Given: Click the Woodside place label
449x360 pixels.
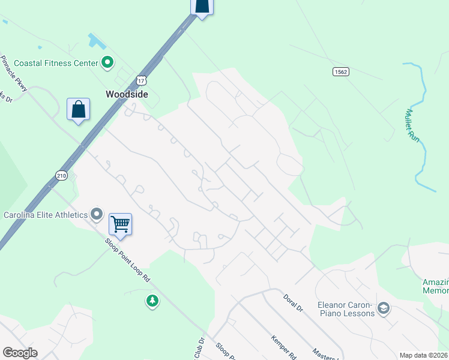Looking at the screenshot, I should (126, 94).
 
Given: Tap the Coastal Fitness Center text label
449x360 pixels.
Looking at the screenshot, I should (56, 62).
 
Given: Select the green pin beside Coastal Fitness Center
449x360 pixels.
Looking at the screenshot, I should (107, 62).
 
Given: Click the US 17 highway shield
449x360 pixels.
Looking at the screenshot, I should (141, 80).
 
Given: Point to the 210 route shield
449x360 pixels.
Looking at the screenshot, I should (62, 175).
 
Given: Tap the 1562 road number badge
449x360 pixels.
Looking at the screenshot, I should (341, 71).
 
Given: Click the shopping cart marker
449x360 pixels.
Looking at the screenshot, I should (120, 225).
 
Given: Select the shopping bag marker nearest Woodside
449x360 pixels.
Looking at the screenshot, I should (78, 109).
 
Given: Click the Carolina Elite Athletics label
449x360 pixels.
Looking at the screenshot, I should (45, 215).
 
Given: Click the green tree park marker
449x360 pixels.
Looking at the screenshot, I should (152, 300).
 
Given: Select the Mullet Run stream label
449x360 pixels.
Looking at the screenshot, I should (412, 124).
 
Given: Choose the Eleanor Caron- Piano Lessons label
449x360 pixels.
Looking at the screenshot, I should (346, 308).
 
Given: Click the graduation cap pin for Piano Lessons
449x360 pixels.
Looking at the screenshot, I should (384, 308).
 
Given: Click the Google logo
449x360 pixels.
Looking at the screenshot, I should (20, 353).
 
